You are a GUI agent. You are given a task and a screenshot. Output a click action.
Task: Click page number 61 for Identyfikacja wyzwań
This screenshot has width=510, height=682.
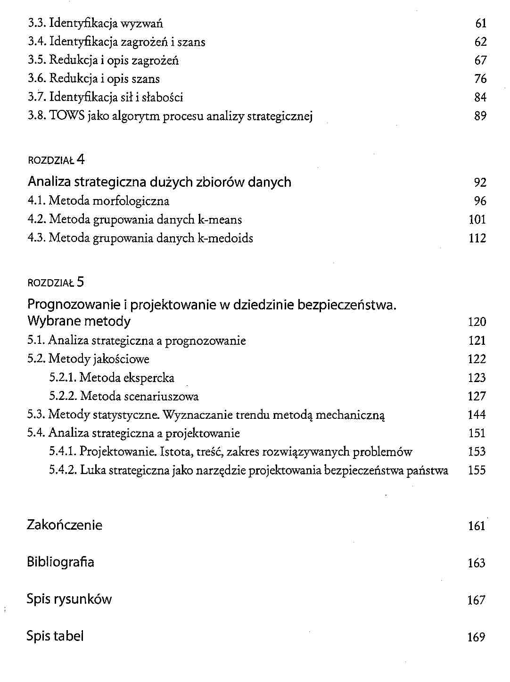tap(480, 24)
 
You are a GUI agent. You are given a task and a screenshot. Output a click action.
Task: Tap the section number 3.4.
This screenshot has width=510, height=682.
tap(37, 42)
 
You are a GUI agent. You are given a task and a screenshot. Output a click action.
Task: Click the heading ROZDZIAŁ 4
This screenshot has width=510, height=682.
tap(56, 160)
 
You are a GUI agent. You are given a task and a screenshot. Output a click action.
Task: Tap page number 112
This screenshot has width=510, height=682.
tap(477, 239)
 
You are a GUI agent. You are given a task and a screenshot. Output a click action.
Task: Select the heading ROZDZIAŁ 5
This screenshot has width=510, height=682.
tap(56, 283)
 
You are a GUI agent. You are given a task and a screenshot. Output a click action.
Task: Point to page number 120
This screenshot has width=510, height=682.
tap(477, 322)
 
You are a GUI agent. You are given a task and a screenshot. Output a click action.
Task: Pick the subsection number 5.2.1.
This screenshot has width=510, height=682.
tap(63, 378)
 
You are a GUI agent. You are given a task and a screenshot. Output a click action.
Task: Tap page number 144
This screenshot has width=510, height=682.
tap(477, 415)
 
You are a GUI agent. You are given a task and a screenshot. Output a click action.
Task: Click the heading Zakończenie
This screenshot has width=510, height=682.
tap(65, 525)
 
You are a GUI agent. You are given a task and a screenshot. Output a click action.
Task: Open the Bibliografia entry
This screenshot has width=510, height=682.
tap(60, 562)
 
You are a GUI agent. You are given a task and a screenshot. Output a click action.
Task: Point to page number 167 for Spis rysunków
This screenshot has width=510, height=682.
tap(476, 600)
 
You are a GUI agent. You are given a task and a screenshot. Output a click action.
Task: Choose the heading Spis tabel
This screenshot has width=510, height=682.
tap(55, 636)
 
